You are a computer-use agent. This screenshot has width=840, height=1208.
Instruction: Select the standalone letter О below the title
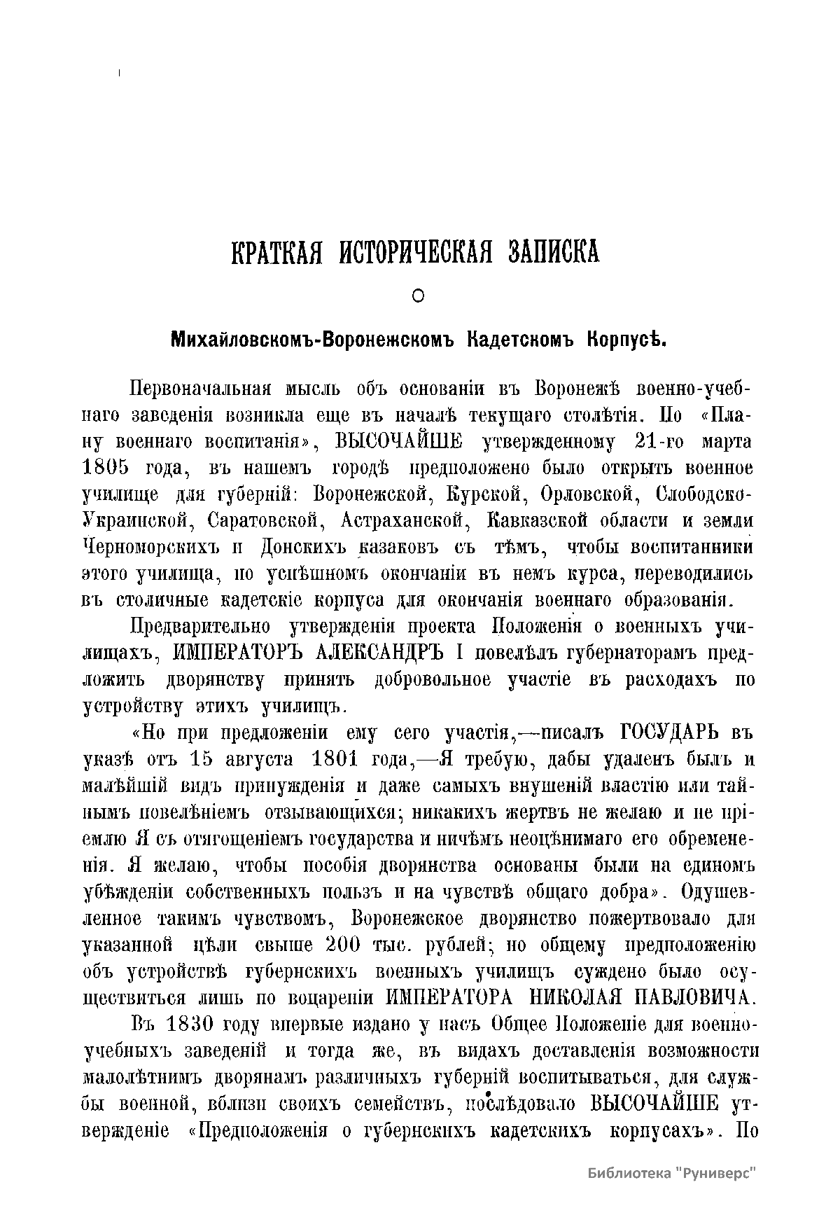(x=418, y=297)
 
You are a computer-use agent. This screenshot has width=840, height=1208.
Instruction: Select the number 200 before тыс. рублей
(x=343, y=944)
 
